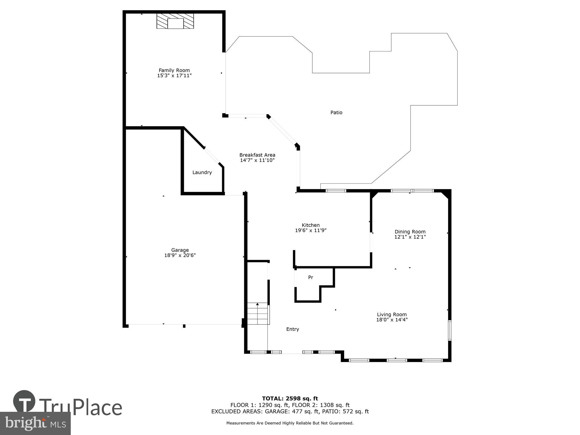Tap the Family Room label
pyautogui.click(x=174, y=70)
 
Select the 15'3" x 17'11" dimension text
pyautogui.click(x=174, y=76)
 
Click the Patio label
pyautogui.click(x=336, y=113)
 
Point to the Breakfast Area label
pyautogui.click(x=257, y=155)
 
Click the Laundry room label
pyautogui.click(x=202, y=172)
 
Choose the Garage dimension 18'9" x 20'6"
pyautogui.click(x=180, y=255)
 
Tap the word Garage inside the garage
pyautogui.click(x=180, y=250)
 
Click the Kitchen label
pyautogui.click(x=311, y=225)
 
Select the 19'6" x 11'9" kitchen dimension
pyautogui.click(x=311, y=231)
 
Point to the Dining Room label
pyautogui.click(x=410, y=231)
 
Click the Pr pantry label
pyautogui.click(x=311, y=278)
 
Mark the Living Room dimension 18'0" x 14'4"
pyautogui.click(x=392, y=320)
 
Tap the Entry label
pyautogui.click(x=292, y=329)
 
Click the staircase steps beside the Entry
pyautogui.click(x=258, y=314)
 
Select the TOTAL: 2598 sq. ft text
pyautogui.click(x=290, y=398)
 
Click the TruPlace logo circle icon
pyautogui.click(x=24, y=401)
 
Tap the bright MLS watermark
pyautogui.click(x=35, y=423)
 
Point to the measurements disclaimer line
pyautogui.click(x=290, y=423)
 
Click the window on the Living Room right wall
pyautogui.click(x=449, y=330)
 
